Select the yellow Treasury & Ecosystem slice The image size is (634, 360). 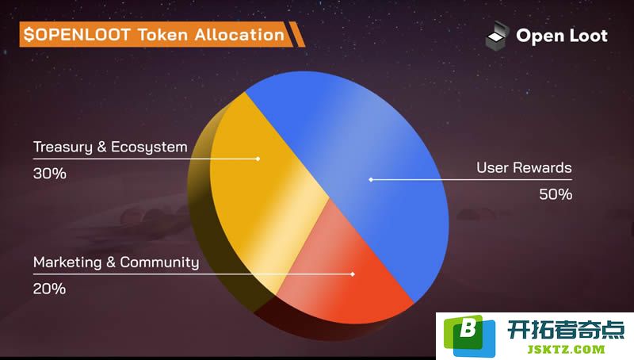259,190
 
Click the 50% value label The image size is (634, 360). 556,194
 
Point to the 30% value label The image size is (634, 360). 50,174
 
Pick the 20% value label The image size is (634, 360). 49,289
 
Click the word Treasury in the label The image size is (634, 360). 63,147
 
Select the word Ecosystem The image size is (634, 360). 149,147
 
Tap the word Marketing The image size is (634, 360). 67,262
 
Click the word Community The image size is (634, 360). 160,262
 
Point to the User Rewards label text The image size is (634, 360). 524,167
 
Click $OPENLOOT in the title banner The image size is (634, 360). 77,35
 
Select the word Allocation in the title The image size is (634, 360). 239,35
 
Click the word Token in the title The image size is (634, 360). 162,35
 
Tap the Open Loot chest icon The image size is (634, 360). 497,36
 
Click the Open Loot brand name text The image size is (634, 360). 562,36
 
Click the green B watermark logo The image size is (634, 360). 469,335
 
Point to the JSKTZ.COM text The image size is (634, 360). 566,349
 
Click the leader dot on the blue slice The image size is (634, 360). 371,179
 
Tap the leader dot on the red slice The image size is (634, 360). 353,274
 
